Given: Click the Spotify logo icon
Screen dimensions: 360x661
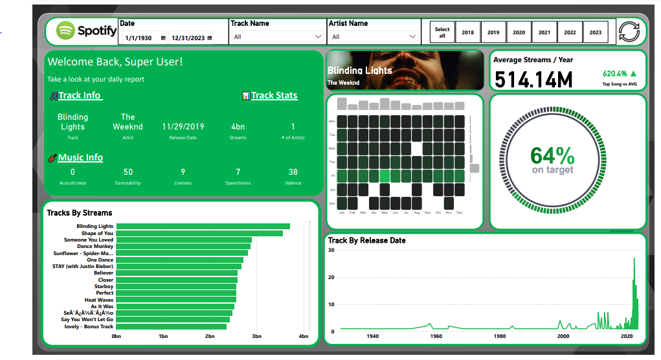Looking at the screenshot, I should click(66, 30).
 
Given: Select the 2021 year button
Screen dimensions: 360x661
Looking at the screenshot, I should click(544, 32).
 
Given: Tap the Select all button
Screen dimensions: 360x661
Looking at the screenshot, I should click(442, 32).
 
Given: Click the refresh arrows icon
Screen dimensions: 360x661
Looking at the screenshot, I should click(629, 32).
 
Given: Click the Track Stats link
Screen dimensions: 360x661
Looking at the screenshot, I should click(274, 96).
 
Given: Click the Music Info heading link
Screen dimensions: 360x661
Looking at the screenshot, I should click(80, 158).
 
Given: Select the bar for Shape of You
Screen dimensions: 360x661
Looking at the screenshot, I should click(199, 233).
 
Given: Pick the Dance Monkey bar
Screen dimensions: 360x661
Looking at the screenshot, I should click(183, 246).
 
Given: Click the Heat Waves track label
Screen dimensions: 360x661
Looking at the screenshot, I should click(99, 300).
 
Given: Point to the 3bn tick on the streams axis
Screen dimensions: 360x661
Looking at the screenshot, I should click(256, 337).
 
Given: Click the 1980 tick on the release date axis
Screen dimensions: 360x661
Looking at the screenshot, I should click(500, 337).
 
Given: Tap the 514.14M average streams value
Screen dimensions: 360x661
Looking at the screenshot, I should click(534, 80).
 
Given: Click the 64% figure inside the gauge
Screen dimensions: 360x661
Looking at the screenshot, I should click(552, 155).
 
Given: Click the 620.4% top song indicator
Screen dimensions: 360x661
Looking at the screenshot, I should click(615, 74).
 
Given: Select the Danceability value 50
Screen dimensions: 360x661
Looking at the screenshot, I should click(128, 172).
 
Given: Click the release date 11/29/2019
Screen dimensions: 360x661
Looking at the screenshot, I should click(183, 127).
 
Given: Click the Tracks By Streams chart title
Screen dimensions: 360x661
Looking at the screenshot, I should click(80, 213).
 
